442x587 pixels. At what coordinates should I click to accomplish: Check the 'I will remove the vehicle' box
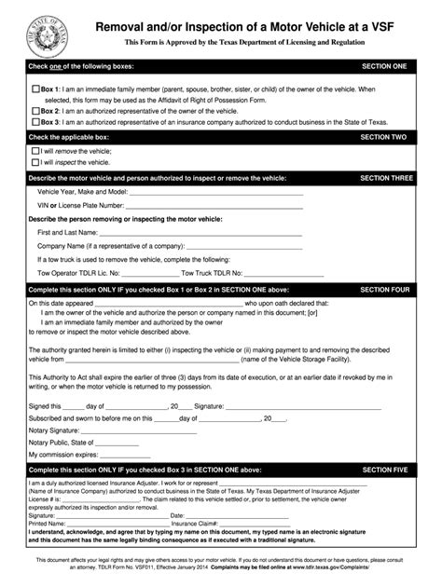[x=34, y=150]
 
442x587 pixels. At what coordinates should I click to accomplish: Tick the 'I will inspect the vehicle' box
[x=34, y=160]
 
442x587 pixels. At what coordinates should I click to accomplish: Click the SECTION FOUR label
[x=382, y=290]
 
